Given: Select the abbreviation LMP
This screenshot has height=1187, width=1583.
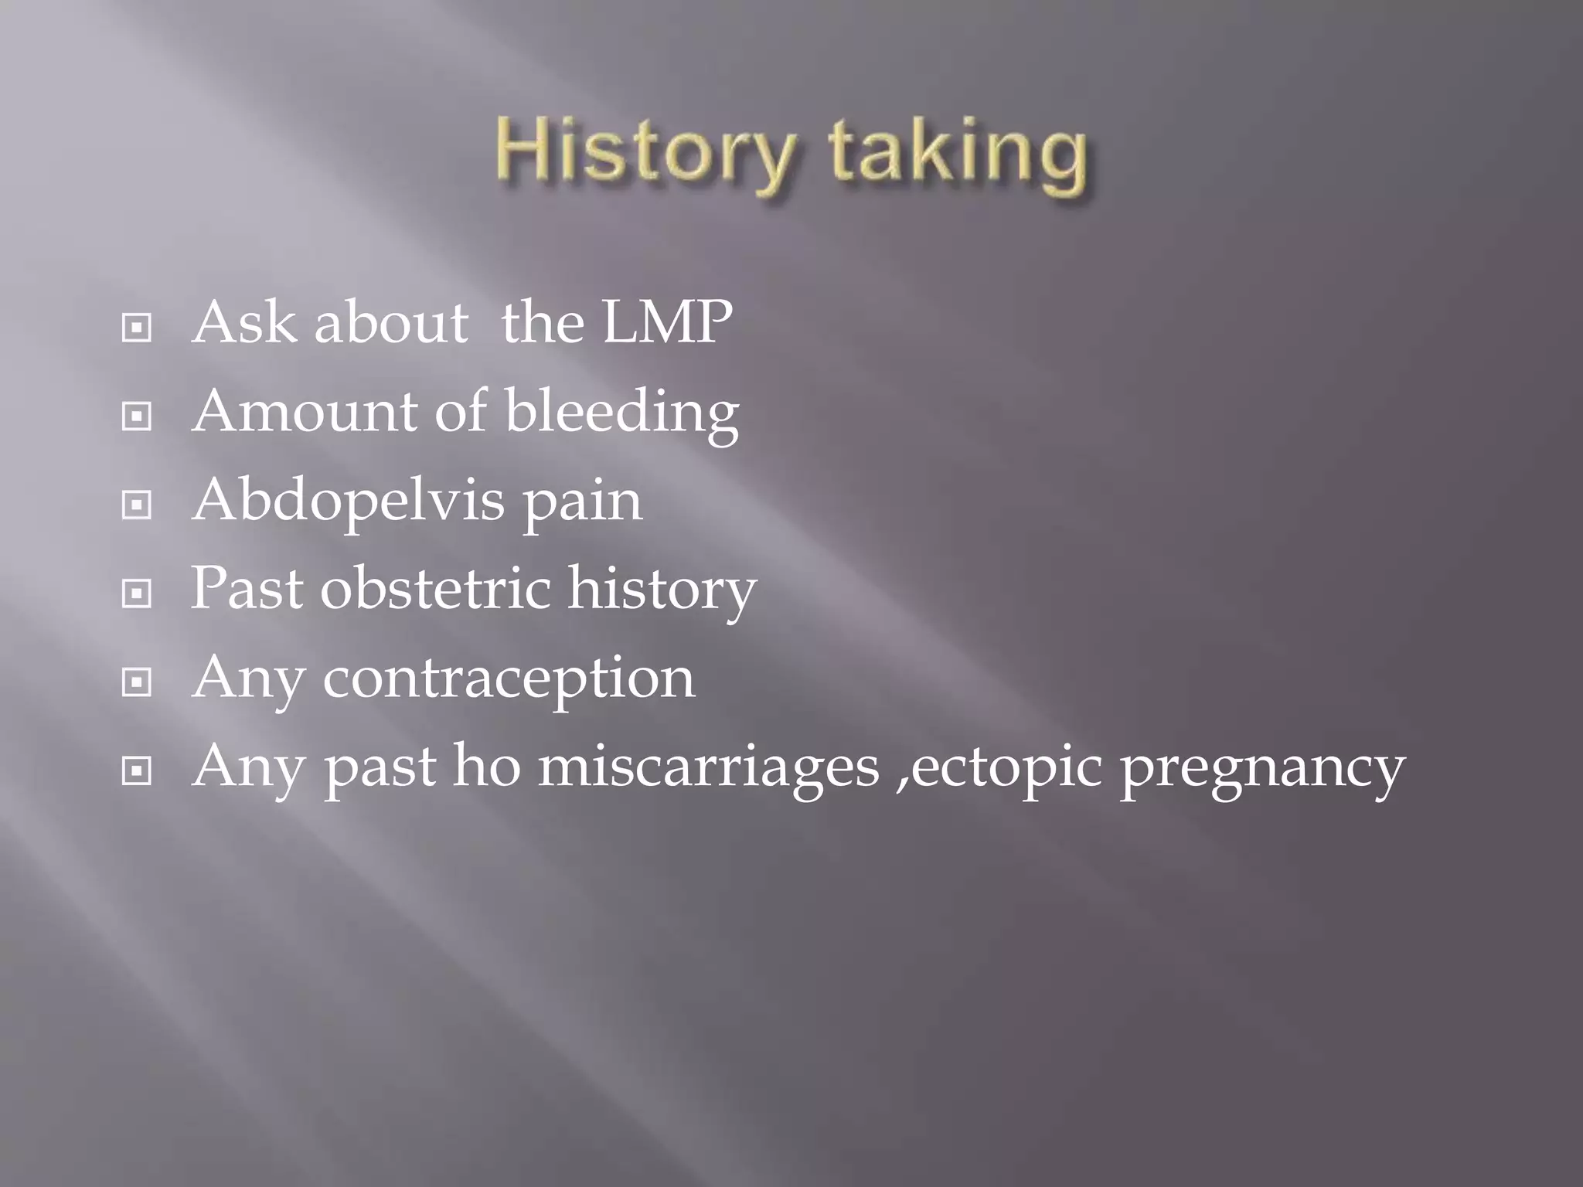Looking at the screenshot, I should coord(667,322).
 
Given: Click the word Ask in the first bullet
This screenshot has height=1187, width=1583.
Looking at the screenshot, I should coord(244,322).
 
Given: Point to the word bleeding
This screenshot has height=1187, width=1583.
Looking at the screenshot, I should coord(621,413).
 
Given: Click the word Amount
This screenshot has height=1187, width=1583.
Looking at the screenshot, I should coord(305,411).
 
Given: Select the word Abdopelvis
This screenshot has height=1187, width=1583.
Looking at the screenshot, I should coord(348,502).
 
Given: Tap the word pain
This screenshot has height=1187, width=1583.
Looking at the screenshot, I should coord(583,502).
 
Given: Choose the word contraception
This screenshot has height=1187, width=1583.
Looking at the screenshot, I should coord(509,679).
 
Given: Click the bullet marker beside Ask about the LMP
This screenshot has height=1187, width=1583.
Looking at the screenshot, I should coord(137,328).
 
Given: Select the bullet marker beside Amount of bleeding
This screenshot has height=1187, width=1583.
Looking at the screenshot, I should coord(137,417).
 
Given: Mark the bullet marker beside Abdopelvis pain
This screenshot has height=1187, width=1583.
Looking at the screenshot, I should coord(137,505).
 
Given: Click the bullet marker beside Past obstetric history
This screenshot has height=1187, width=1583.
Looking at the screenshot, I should coord(137,594).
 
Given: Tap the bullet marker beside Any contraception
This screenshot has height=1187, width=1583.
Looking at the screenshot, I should coord(137,682).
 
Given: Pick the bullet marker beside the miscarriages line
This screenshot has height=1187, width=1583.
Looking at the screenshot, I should coord(137,771).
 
